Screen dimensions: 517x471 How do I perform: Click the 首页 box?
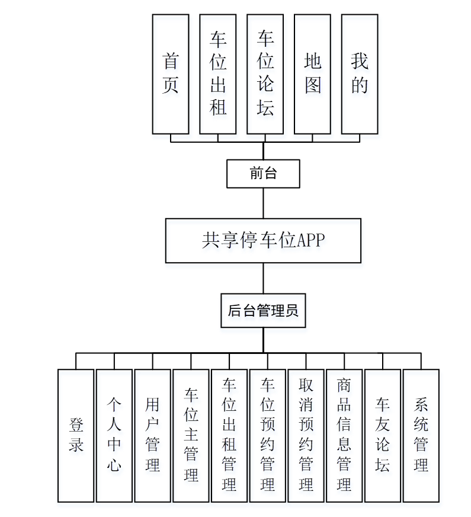point(171,74)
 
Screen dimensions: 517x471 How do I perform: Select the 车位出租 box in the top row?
point(218,74)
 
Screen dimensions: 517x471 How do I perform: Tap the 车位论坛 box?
point(265,74)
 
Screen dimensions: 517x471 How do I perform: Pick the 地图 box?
point(312,74)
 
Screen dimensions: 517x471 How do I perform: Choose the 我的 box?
point(360,74)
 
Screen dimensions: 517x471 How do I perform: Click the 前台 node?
point(263,174)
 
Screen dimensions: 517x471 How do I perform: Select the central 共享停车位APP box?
point(263,241)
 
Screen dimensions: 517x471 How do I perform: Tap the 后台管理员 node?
point(263,310)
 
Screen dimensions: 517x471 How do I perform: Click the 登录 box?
point(76,436)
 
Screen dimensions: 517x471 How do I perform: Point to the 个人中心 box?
point(114,436)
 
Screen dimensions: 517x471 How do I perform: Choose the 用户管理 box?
point(153,436)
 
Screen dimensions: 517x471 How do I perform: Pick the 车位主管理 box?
point(191,436)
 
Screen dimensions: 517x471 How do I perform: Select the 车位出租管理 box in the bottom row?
point(229,436)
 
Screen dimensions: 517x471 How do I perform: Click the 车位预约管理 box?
point(268,436)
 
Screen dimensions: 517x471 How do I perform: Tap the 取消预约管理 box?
point(306,436)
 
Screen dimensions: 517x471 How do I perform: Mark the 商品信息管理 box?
point(344,436)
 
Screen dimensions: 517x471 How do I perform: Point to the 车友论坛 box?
point(383,436)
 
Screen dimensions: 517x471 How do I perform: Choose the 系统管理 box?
point(421,436)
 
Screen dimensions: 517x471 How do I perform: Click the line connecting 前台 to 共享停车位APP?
point(263,203)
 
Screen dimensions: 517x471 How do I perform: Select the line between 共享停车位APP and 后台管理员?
point(263,278)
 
